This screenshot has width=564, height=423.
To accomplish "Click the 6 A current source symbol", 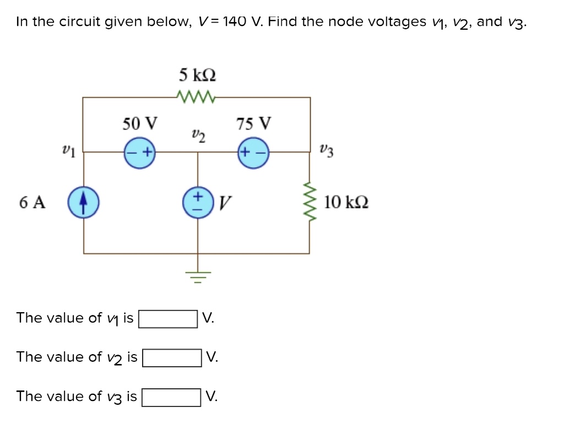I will tap(83, 202).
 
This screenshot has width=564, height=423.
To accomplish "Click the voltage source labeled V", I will tap(197, 202).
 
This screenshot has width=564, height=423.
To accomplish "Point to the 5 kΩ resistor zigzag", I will tap(196, 97).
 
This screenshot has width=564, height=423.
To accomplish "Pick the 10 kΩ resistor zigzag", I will tap(309, 202).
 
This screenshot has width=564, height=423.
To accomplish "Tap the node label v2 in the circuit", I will tap(199, 135).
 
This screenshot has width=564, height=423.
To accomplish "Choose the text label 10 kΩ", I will tap(346, 202).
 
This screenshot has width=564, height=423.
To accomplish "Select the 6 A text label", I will tap(32, 202).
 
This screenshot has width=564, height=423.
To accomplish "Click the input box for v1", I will tap(168, 319).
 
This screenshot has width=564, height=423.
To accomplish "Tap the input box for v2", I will tap(172, 358).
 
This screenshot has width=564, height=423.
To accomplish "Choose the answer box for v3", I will tap(171, 397).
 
